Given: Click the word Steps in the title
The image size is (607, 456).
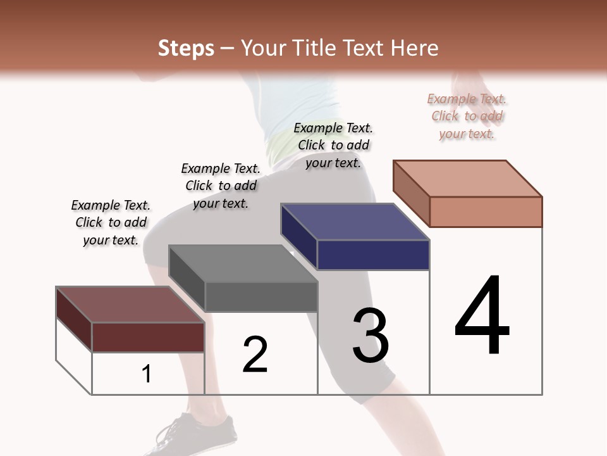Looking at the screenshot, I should (186, 48).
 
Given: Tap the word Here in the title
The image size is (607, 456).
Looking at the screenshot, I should (414, 48).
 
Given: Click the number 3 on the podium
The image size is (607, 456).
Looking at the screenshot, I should (371, 336).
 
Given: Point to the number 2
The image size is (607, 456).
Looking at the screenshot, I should (255, 355).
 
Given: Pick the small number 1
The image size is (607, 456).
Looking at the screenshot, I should (147, 374).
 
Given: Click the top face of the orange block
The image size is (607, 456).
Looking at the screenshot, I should (468, 178).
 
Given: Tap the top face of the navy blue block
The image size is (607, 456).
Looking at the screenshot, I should (355, 222).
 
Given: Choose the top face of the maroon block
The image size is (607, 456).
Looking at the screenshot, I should (130, 305).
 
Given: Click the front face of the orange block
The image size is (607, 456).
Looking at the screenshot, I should (486, 212).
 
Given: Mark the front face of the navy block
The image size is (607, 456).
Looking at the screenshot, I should (373, 255).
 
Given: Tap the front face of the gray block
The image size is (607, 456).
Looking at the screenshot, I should (261, 296).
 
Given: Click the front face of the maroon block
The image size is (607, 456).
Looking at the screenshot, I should (149, 337).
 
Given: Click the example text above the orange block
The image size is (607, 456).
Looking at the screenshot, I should (467, 116).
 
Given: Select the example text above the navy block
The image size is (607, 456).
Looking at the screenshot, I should (333, 145).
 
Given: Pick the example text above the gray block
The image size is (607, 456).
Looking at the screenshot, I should (221, 186).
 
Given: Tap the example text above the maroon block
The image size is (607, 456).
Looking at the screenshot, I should (111, 222).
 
